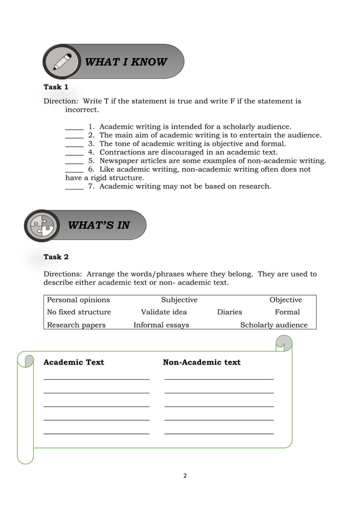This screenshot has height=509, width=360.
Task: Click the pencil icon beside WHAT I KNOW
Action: (x=62, y=61)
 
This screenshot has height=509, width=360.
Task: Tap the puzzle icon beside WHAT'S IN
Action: (x=42, y=226)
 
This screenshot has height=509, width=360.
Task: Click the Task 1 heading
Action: (x=56, y=87)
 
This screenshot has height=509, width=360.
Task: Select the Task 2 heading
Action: (x=56, y=257)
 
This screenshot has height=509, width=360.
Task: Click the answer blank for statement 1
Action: (x=74, y=127)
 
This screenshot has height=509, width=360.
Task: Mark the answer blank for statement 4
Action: (x=74, y=152)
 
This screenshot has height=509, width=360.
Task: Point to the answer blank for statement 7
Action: (x=74, y=186)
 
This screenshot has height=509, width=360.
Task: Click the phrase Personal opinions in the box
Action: (x=78, y=300)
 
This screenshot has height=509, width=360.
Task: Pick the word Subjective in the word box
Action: (x=179, y=300)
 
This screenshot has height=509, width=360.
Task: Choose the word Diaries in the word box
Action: (x=230, y=312)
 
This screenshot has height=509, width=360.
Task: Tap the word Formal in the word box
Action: (x=287, y=312)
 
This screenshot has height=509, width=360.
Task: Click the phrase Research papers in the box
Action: (x=76, y=325)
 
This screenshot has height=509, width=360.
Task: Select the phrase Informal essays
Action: (x=161, y=325)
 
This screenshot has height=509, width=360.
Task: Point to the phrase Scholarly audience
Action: (x=274, y=325)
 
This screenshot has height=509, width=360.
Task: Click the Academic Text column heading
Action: (x=74, y=362)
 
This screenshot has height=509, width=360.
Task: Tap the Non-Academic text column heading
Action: (x=201, y=362)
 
